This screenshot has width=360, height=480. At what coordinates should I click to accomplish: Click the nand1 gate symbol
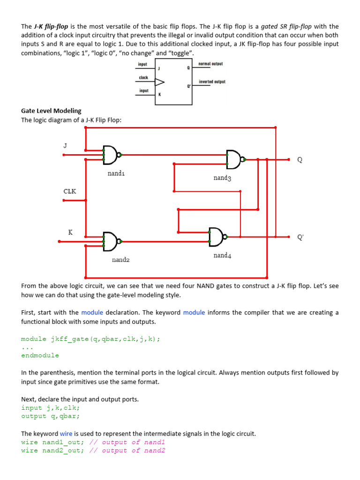coord(111,155)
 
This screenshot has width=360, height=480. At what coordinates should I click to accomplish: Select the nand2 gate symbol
coord(111,241)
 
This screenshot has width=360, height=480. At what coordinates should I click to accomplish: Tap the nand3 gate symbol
coord(233,159)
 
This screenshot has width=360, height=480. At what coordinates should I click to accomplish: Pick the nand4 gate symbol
coord(216,237)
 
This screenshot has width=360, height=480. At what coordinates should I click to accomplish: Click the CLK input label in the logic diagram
coord(70,191)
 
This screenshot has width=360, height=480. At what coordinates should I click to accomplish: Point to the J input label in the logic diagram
coord(66,145)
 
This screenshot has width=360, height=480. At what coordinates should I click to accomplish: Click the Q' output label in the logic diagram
coord(300,237)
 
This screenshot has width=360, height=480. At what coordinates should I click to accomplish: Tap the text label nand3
coord(222,178)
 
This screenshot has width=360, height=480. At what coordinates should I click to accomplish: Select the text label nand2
coord(120,260)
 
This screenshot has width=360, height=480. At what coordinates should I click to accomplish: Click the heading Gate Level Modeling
coord(51,111)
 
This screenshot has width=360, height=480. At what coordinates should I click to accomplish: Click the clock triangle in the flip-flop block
coord(160,82)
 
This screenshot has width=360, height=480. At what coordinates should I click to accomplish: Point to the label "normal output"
coord(210,63)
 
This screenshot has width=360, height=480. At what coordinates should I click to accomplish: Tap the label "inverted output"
coord(212,82)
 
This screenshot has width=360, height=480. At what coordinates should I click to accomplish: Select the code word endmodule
coord(40,355)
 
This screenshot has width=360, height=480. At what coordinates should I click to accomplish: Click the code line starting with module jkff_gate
coord(91,338)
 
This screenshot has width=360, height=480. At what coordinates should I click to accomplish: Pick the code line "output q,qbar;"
coord(50,416)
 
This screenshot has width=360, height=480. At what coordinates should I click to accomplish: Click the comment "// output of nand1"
coord(127,442)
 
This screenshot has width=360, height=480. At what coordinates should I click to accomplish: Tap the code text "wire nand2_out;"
coord(52,450)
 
